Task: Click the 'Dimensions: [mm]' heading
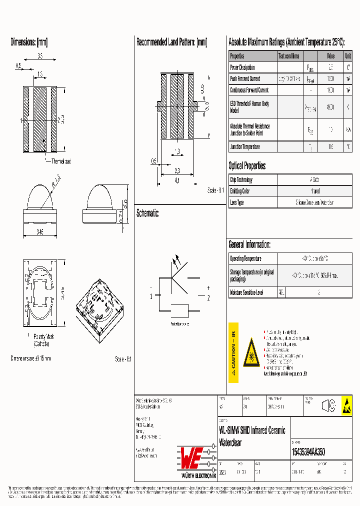[29, 42]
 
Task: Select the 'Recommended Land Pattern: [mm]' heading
[171, 42]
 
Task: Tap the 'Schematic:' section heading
[148, 213]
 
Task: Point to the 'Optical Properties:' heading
[247, 166]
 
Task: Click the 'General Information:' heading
[249, 244]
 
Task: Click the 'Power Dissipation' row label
[242, 67]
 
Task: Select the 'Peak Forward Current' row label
[245, 79]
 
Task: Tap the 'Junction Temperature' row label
[245, 147]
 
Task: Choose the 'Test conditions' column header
[289, 56]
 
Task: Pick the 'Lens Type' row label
[237, 202]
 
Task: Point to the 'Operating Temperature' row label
[245, 259]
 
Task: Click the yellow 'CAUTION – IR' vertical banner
[233, 352]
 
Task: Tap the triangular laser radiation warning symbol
[251, 353]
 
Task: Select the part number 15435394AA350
[308, 451]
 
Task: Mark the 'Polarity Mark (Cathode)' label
[42, 340]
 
